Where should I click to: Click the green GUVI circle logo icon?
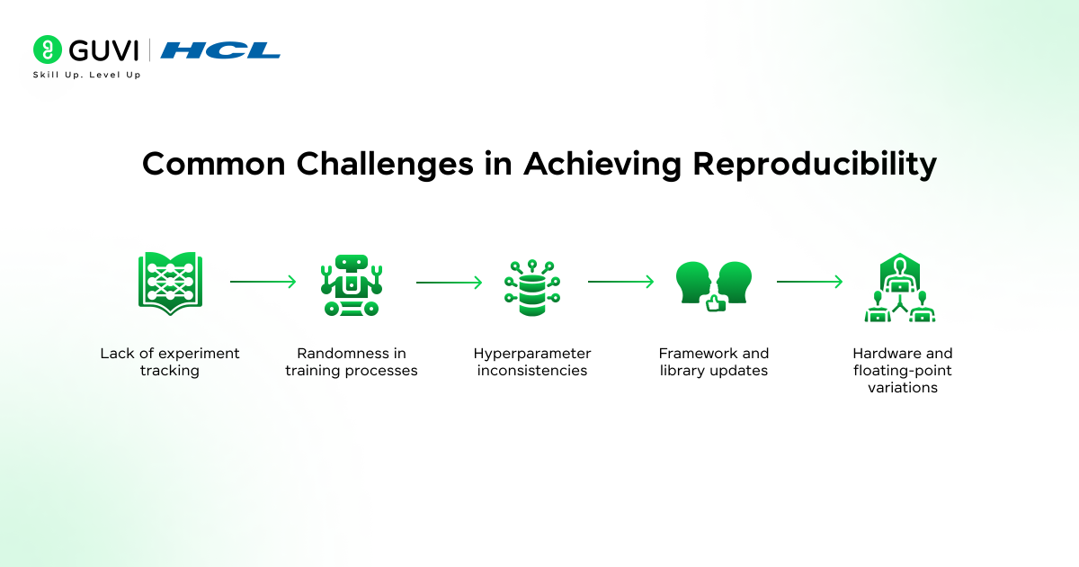point(47,49)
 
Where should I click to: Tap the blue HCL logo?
point(220,50)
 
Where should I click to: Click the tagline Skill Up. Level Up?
point(86,75)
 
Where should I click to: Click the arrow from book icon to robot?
point(263,282)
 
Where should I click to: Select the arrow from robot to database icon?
point(449,282)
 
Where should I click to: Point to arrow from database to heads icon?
point(620,282)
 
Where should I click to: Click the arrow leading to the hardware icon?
point(809,282)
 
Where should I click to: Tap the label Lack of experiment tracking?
point(170,362)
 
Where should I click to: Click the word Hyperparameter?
point(532,354)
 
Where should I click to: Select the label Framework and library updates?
point(714,362)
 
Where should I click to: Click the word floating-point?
point(903,371)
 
